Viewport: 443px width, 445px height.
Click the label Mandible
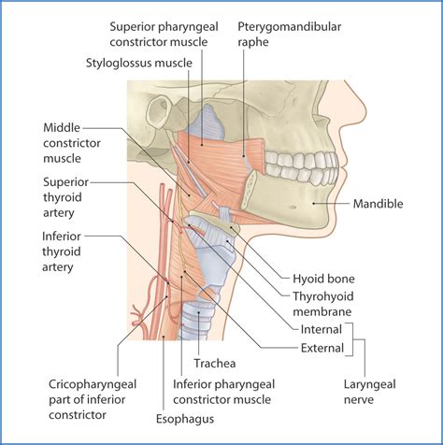tap(380, 203)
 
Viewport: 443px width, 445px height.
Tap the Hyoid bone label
tap(323, 279)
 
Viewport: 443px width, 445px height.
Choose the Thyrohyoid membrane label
tap(320, 304)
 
